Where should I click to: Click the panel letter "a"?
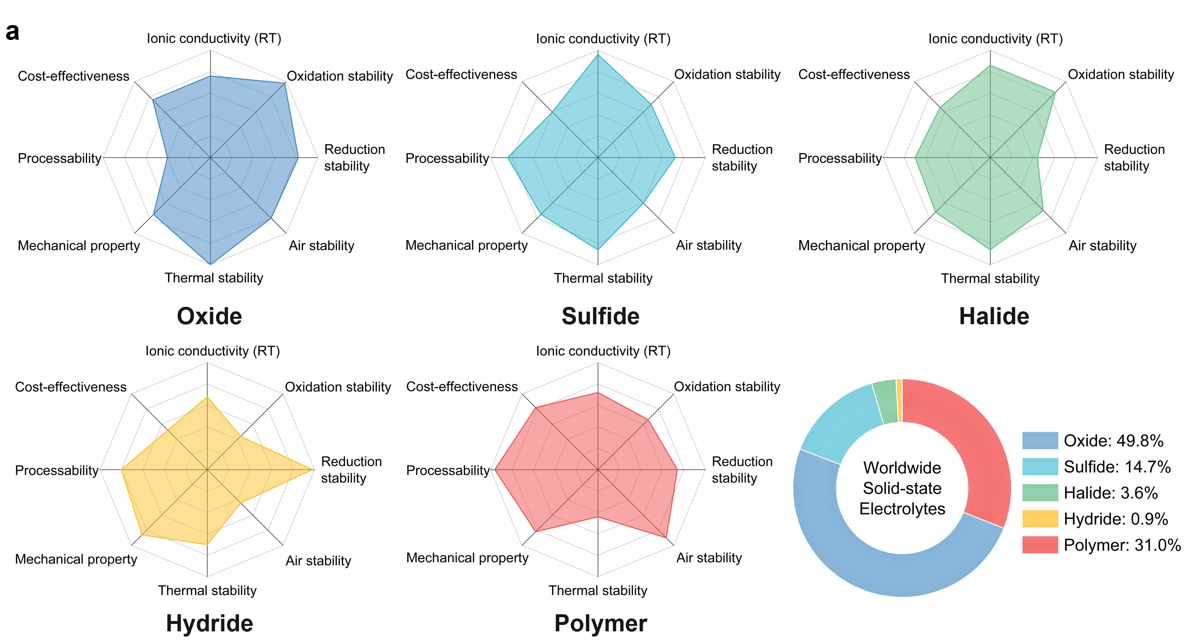pos(13,32)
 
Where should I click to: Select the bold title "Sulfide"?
pos(600,316)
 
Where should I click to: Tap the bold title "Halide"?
pos(994,316)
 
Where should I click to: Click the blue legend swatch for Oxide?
pos(1039,441)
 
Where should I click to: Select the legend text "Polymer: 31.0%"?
pos(1122,545)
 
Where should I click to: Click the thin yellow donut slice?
pos(899,400)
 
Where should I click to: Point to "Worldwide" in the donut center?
pos(902,468)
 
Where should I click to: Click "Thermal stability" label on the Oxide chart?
pos(214,277)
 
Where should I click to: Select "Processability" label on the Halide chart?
pos(840,158)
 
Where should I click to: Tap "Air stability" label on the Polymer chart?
pos(709,558)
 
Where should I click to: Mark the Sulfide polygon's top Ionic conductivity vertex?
pos(598,55)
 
